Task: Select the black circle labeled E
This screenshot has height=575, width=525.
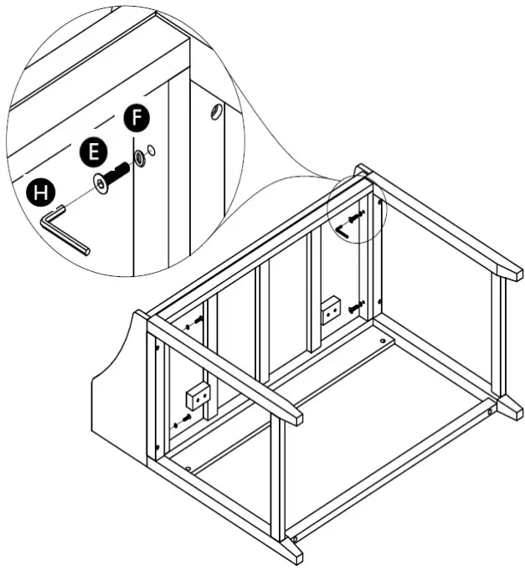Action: click(94, 151)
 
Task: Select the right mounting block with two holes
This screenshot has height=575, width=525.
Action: click(332, 311)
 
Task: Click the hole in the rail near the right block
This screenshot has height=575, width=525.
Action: click(384, 342)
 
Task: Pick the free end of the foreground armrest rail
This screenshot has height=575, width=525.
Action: click(289, 412)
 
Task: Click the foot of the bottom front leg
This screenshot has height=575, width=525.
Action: click(292, 552)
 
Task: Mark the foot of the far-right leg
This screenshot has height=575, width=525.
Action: click(510, 408)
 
